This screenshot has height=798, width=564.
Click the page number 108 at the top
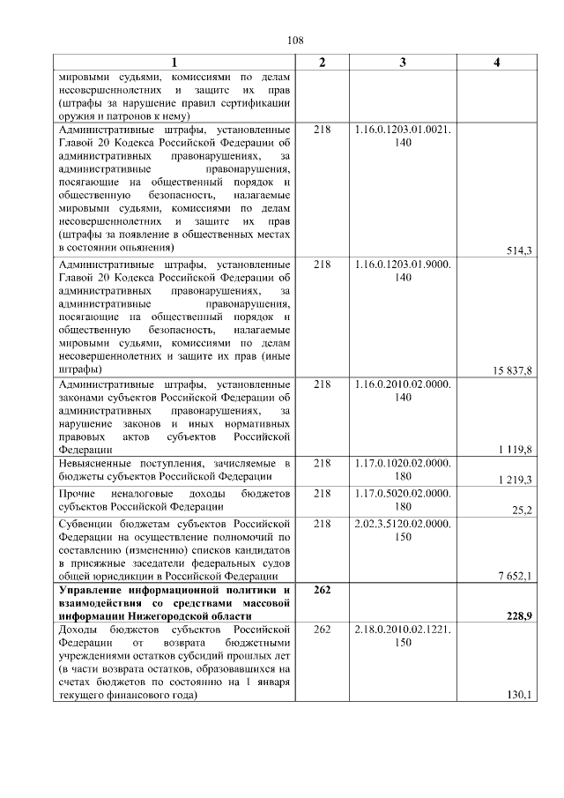[295, 41]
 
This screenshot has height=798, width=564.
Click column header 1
[174, 62]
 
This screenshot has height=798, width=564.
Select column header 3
[403, 62]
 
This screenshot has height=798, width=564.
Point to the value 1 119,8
[515, 450]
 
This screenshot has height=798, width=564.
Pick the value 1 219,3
[515, 479]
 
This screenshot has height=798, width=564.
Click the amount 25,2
[522, 510]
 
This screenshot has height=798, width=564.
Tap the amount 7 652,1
[515, 577]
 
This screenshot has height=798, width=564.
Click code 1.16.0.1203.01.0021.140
[403, 136]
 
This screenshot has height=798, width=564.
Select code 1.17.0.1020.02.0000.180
[403, 469]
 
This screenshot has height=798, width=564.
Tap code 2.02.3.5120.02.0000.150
[403, 529]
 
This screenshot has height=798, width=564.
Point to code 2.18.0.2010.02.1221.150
[403, 635]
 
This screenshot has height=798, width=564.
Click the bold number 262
[322, 589]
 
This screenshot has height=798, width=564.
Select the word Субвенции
[85, 523]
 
